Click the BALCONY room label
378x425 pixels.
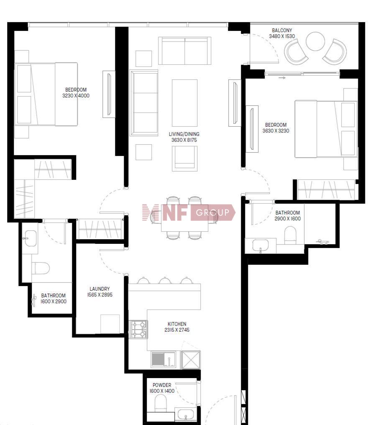pyautogui.click(x=282, y=31)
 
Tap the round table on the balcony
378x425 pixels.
pyautogui.click(x=315, y=41)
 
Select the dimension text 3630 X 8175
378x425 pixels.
pyautogui.click(x=184, y=140)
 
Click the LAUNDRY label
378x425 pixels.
pyautogui.click(x=100, y=289)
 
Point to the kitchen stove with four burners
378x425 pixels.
pyautogui.click(x=138, y=329)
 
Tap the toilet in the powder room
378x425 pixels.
pyautogui.click(x=161, y=403)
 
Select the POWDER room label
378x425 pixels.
pyautogui.click(x=162, y=385)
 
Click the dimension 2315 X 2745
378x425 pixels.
pyautogui.click(x=177, y=330)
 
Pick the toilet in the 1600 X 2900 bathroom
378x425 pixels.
pyautogui.click(x=41, y=268)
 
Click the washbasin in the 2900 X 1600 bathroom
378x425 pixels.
pyautogui.click(x=261, y=246)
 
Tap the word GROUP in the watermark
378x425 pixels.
pyautogui.click(x=213, y=212)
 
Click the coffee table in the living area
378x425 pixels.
pyautogui.click(x=184, y=103)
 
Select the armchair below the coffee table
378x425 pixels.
pyautogui.click(x=184, y=159)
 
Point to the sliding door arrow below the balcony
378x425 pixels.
pyautogui.click(x=282, y=78)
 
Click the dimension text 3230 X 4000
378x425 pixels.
pyautogui.click(x=76, y=95)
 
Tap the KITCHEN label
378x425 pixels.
pyautogui.click(x=177, y=324)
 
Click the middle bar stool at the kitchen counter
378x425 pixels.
pyautogui.click(x=165, y=281)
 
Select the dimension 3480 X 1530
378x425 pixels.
pyautogui.click(x=282, y=36)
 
